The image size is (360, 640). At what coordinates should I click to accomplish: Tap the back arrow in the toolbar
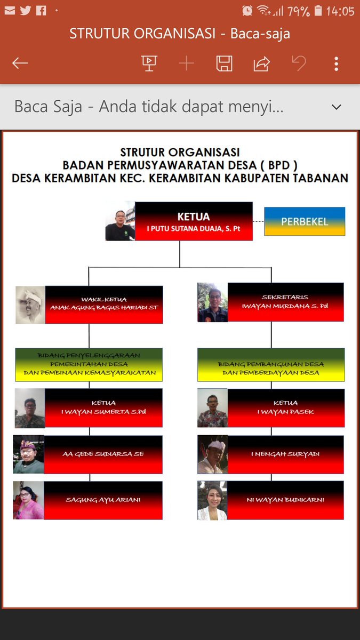20,63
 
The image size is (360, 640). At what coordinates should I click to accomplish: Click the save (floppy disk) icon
225,63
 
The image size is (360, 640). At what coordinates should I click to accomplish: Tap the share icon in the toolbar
262,63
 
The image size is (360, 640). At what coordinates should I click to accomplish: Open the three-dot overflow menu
337,63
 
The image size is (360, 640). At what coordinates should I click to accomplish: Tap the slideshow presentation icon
149,63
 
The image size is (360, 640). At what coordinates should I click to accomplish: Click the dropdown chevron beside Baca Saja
337,107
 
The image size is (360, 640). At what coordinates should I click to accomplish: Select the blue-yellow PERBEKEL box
305,221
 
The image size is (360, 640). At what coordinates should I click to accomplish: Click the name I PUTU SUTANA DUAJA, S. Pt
194,229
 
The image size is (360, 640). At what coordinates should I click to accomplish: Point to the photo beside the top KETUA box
121,221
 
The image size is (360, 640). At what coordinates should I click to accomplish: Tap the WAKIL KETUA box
104,305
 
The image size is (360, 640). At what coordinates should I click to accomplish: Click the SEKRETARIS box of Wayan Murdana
285,302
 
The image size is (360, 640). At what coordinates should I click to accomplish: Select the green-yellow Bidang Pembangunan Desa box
271,365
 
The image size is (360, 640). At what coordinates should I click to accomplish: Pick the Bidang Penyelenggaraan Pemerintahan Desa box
89,365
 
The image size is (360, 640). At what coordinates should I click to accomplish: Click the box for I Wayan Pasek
286,407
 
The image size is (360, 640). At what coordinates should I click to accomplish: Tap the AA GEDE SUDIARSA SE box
103,454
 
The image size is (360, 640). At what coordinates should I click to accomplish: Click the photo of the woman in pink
29,500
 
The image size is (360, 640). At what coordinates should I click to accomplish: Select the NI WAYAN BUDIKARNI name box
285,500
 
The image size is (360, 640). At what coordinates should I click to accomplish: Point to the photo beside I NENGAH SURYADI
213,454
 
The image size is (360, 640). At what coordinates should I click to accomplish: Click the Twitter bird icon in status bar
26,11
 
